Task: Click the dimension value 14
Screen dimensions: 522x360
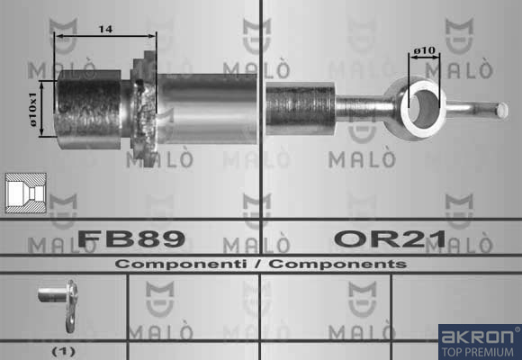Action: click(x=105, y=30)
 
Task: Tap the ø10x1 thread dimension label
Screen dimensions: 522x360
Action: click(x=34, y=109)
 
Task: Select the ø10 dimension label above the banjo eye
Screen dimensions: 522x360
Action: click(x=424, y=50)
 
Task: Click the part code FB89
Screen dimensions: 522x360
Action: click(x=131, y=238)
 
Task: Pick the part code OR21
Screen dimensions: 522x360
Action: click(x=391, y=238)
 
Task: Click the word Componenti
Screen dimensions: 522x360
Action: click(x=181, y=264)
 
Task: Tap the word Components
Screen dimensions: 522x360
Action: click(x=337, y=264)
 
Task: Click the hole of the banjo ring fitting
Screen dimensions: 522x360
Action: click(x=424, y=109)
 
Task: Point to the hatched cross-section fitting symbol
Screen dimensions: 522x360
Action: click(x=26, y=193)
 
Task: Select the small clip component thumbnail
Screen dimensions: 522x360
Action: click(x=59, y=304)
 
